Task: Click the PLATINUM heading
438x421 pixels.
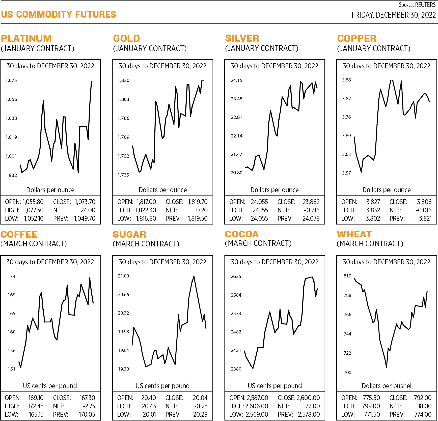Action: point(26,39)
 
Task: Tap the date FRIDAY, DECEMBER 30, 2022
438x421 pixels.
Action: point(393,15)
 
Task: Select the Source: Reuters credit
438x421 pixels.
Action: point(417,5)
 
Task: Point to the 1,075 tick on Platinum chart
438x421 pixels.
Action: point(11,80)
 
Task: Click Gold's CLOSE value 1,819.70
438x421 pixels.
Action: point(198,202)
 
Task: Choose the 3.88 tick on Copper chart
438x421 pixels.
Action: point(346,80)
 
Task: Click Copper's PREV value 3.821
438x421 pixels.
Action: point(425,218)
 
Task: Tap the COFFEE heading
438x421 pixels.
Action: point(19,235)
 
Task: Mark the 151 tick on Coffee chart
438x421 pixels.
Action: point(12,369)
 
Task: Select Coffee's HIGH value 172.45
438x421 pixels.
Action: point(36,406)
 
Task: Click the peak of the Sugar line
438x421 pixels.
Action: point(194,277)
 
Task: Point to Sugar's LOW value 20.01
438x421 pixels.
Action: point(149,414)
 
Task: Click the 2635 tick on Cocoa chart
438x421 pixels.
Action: point(236,276)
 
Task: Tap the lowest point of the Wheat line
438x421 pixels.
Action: point(387,367)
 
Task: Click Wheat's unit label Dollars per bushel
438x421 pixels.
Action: point(386,386)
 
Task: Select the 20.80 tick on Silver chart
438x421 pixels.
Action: point(236,173)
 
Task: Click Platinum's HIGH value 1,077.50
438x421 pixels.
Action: point(34,210)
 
